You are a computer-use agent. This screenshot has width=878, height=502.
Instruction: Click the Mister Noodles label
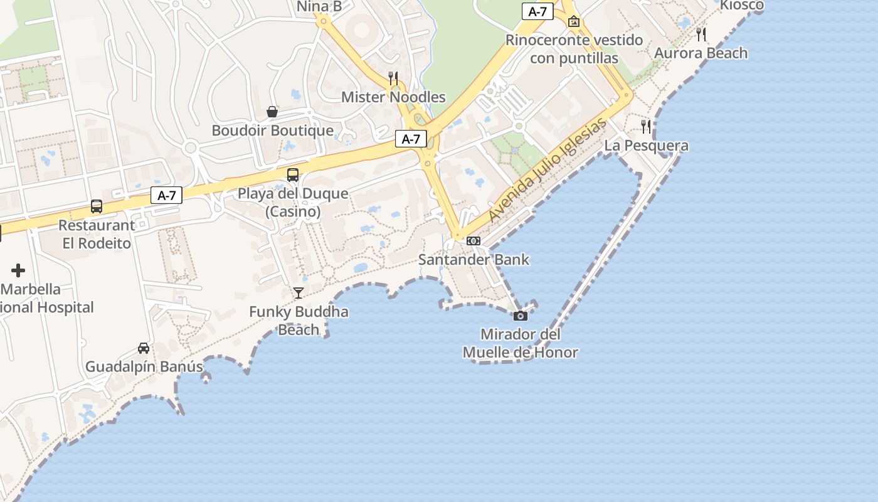(x=393, y=97)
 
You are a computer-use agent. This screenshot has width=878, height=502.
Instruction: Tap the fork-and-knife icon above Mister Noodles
(x=393, y=78)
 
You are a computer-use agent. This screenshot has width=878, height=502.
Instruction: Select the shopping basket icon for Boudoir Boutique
(x=272, y=112)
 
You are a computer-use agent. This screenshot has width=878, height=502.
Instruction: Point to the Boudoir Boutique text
(x=272, y=131)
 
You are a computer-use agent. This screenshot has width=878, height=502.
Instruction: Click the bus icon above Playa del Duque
(x=292, y=175)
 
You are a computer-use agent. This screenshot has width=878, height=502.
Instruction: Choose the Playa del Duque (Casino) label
(x=293, y=202)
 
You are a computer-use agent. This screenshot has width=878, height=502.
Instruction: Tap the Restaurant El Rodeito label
(x=97, y=234)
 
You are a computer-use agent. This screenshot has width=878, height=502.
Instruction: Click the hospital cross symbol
(x=18, y=270)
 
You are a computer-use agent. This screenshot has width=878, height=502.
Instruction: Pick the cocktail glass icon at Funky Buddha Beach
(x=299, y=293)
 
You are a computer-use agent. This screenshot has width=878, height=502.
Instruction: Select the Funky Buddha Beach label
(x=299, y=321)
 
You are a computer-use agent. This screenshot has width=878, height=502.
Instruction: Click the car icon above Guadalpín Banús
(x=144, y=348)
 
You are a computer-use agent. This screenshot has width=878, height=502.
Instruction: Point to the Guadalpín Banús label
(x=144, y=366)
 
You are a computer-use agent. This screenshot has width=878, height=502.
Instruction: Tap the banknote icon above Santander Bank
(x=473, y=241)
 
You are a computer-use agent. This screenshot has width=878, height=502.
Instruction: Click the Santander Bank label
(x=473, y=259)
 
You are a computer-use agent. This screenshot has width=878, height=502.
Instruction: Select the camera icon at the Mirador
(x=520, y=316)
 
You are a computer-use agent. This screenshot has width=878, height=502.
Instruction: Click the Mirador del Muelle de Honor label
(x=520, y=343)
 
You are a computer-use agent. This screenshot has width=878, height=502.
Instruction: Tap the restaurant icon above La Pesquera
(x=646, y=127)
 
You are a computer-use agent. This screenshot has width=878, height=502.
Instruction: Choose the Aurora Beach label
(x=701, y=53)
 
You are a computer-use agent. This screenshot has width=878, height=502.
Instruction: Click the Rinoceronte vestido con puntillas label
(x=574, y=49)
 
